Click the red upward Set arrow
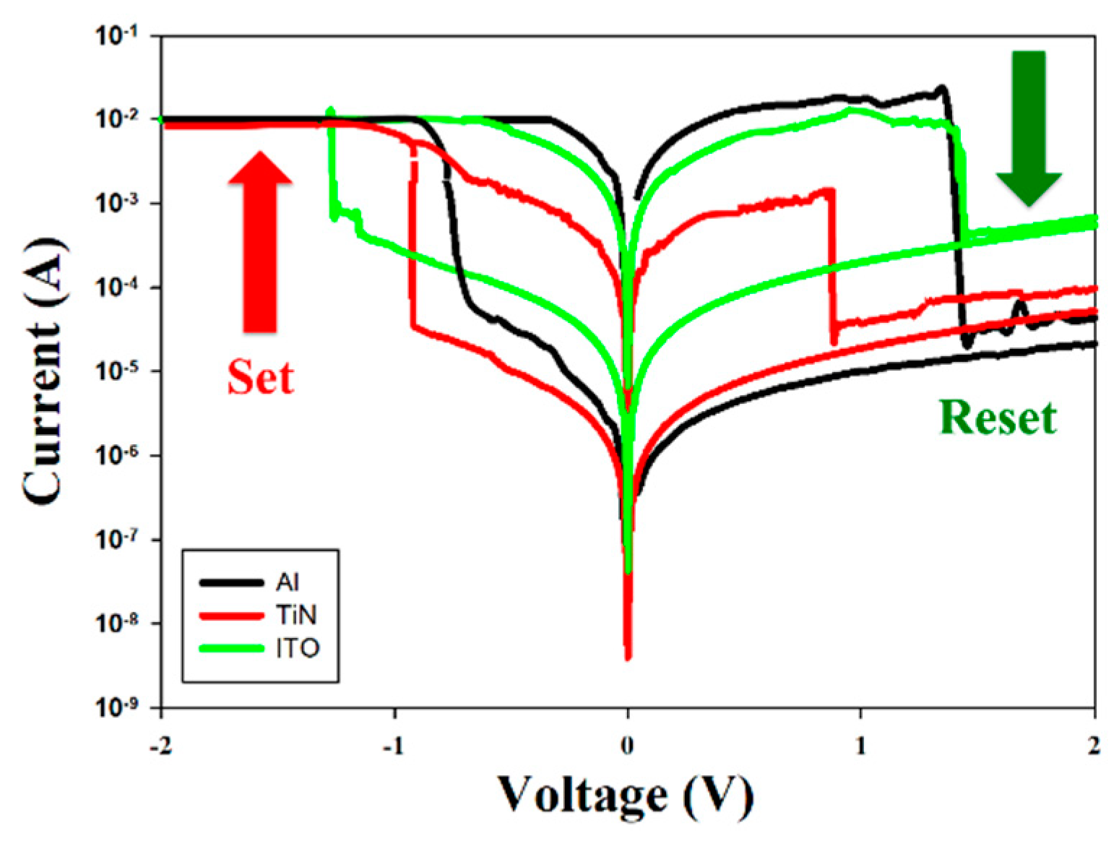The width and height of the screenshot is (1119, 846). point(260,246)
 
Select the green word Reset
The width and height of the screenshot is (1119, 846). point(998,418)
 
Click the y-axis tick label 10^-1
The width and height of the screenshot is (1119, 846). point(117,36)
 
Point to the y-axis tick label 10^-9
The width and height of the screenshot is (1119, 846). point(117,707)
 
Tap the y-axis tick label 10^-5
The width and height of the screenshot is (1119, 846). point(117,371)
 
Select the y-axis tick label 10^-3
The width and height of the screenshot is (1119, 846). point(117,203)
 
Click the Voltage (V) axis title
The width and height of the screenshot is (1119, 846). point(626,797)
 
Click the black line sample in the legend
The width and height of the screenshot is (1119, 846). point(231,582)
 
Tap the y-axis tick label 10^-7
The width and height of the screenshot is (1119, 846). point(117,540)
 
